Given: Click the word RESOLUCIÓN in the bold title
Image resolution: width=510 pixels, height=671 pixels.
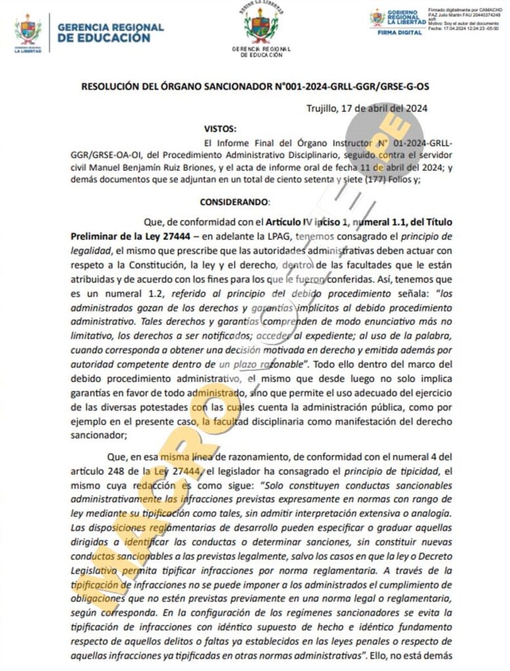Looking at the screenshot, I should (x=112, y=86).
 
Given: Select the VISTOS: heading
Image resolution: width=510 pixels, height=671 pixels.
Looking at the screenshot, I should (x=220, y=128).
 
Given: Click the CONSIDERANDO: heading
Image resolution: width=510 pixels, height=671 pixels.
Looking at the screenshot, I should (x=234, y=202).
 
